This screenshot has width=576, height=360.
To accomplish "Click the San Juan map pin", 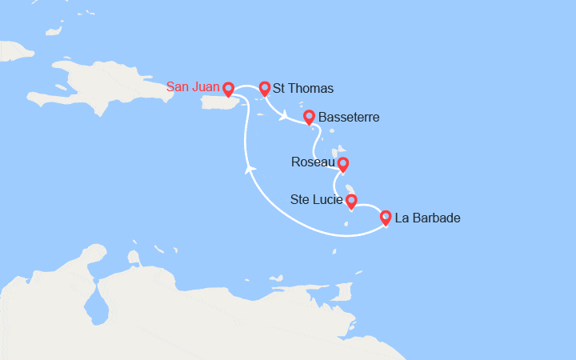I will [x=228, y=89].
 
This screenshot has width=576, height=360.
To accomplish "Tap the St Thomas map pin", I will [x=264, y=88].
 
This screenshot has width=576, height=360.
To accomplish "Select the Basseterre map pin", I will [x=309, y=117].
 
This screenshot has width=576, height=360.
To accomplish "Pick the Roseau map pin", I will [x=343, y=164].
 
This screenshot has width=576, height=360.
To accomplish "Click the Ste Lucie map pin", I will [x=350, y=200].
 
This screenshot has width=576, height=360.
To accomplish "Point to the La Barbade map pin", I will [x=386, y=217].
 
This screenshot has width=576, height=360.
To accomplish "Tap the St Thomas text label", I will [x=303, y=88].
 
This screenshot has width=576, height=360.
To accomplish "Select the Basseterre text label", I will [x=349, y=118].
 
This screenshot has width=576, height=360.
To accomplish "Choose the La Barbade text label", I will [x=430, y=218].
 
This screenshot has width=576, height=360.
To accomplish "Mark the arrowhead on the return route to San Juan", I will [x=250, y=169].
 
